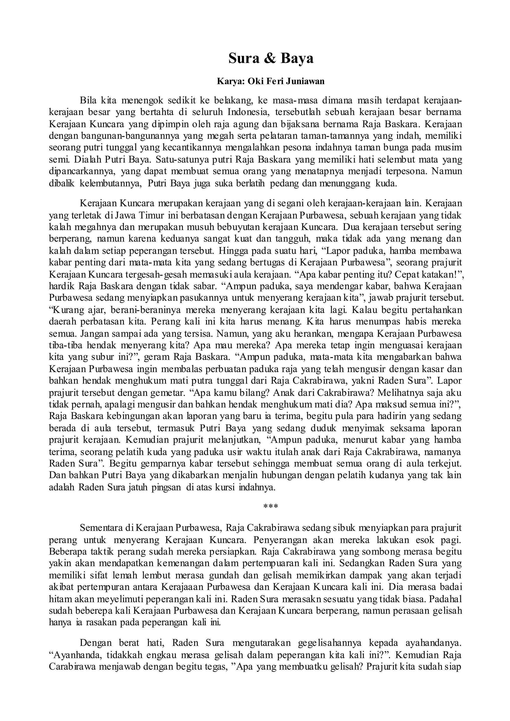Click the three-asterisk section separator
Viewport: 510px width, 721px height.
click(x=270, y=506)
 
